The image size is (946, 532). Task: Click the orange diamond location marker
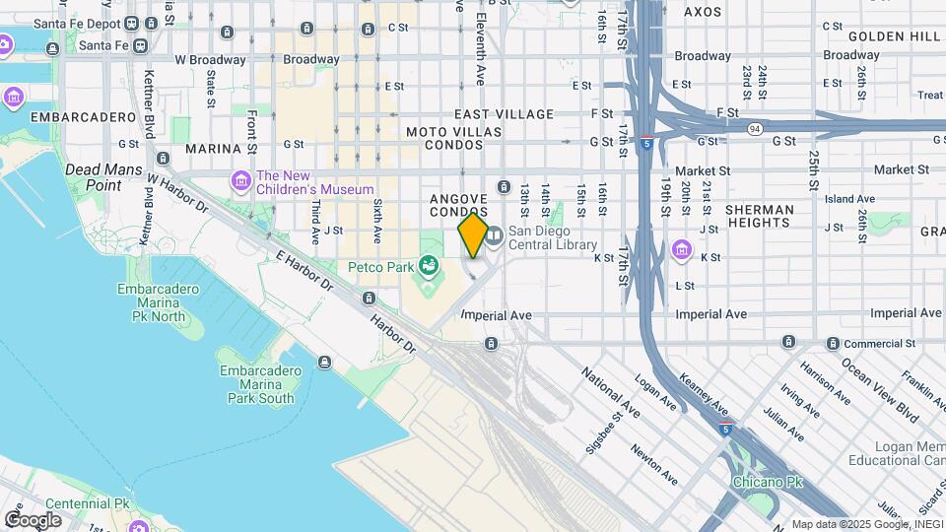coord(473,235)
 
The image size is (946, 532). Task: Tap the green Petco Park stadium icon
coord(428,264)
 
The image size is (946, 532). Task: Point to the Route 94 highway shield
coord(754,128)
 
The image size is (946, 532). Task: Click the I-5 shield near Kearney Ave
coord(726,429)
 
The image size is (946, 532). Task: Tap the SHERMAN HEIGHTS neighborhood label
coord(759,217)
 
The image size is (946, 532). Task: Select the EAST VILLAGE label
coord(505,114)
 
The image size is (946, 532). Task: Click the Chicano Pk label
coord(768,482)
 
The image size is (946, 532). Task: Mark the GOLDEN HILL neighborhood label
coord(896,35)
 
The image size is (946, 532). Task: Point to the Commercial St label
coord(872,343)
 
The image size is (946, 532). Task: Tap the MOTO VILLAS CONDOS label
coord(455,138)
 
